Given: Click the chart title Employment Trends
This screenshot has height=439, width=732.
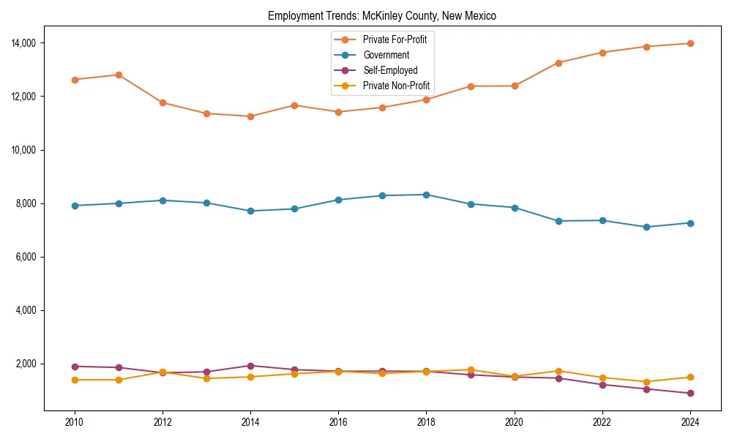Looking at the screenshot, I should click(382, 15).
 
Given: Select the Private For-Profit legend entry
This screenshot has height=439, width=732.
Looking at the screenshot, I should click(395, 39).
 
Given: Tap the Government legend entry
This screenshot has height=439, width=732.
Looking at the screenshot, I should click(386, 55).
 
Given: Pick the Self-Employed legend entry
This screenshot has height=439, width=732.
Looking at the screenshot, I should click(390, 70).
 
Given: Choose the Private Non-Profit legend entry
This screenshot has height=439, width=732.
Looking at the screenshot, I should click(396, 86).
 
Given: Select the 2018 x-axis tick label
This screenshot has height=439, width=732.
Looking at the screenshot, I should click(426, 422).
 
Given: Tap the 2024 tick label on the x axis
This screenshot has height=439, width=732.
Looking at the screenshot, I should click(690, 422).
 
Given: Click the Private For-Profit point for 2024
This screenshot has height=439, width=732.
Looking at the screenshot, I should click(690, 44).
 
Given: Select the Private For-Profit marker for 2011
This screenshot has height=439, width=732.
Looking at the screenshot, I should click(119, 75).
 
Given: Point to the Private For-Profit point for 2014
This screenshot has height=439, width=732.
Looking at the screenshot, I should click(250, 116).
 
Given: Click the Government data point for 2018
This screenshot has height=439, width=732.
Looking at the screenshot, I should click(426, 195).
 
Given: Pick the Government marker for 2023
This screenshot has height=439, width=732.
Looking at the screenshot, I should click(646, 227).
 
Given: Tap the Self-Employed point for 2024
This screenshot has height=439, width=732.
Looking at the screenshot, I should click(690, 394).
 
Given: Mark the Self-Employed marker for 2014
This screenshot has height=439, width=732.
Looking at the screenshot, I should click(250, 366).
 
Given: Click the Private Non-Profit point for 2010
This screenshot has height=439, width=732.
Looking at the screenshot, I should click(74, 380).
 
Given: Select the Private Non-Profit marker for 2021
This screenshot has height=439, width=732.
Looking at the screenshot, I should click(559, 371).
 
